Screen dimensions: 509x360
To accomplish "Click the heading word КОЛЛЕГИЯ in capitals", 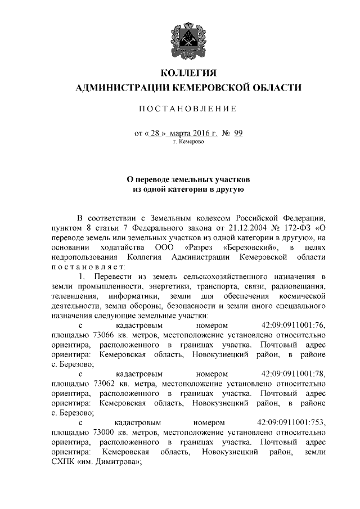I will (188, 73).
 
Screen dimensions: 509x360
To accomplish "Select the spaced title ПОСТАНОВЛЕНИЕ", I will (188, 109).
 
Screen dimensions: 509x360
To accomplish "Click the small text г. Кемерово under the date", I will (188, 142).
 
